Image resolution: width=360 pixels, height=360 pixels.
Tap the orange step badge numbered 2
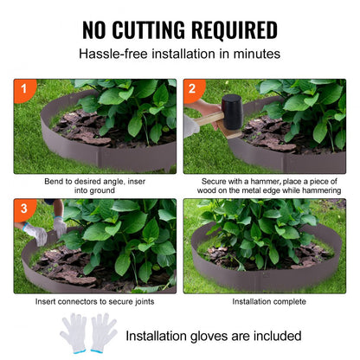click(x=190, y=88)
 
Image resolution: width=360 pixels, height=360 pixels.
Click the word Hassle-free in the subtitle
click(x=113, y=54)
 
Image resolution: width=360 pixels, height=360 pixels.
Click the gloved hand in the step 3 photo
click(x=37, y=232)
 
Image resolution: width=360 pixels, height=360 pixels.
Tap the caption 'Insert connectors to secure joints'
click(x=95, y=302)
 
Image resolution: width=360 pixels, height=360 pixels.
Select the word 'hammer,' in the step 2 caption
click(x=260, y=182)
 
